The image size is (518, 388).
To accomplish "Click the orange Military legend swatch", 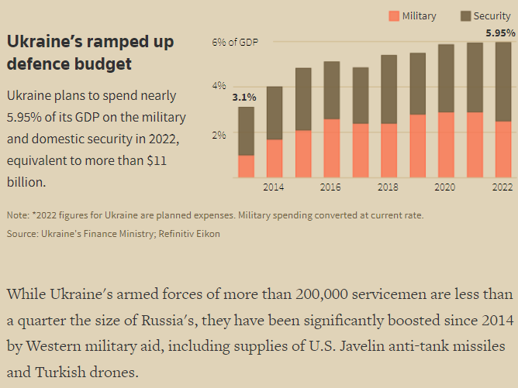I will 394,16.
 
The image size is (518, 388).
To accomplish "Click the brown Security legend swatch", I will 467,16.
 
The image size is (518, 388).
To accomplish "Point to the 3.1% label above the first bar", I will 243,98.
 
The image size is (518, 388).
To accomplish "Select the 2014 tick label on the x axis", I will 274,187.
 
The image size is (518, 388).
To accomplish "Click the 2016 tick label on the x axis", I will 330,187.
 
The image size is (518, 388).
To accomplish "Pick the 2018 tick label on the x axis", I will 388,187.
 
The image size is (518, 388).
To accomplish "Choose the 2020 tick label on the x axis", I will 445,187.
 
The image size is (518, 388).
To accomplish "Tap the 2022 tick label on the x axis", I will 502,187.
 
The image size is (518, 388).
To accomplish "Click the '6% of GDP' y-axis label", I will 236,43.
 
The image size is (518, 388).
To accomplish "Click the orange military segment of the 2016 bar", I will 331,148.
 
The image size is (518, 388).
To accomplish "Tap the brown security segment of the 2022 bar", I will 502,81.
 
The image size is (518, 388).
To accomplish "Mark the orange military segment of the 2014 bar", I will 274,158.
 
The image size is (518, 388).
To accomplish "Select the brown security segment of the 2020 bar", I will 445,78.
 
